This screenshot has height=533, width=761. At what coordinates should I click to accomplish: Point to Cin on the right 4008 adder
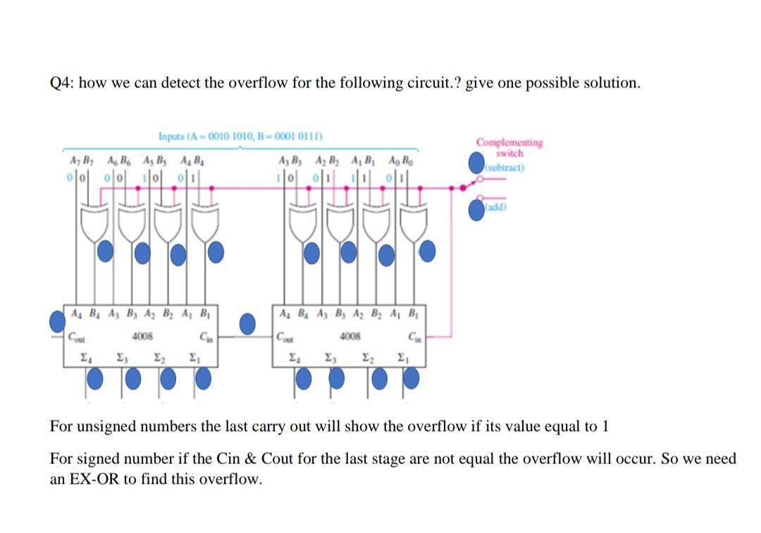416,337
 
